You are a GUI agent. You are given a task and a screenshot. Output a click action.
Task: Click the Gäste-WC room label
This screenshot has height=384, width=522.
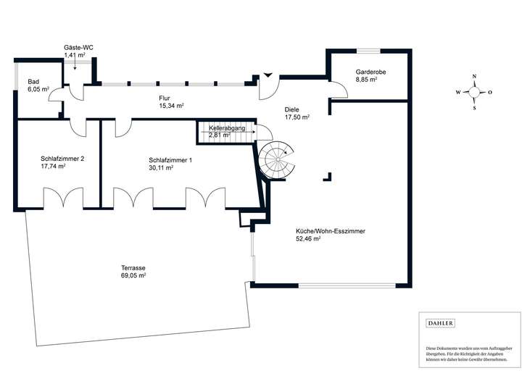78,47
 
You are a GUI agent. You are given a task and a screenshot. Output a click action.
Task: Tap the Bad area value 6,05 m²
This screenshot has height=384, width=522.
38,89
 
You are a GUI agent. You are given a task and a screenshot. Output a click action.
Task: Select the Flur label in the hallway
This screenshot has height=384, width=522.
165,97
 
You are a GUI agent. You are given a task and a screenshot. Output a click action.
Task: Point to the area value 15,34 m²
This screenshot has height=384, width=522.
171,105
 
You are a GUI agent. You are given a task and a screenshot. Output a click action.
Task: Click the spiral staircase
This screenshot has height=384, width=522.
278,158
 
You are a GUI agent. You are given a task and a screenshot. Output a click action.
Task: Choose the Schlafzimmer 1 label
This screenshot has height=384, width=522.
170,159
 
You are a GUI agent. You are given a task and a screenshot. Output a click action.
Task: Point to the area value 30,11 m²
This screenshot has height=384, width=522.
160,167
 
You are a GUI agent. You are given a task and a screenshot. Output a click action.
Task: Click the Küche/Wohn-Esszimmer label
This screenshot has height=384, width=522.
330,230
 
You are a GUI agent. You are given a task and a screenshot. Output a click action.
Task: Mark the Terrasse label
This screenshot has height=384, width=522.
133,268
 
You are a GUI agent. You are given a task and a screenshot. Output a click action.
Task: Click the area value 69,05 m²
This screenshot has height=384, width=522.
133,276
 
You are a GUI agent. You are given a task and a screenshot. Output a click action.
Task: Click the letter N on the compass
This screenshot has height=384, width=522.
473,77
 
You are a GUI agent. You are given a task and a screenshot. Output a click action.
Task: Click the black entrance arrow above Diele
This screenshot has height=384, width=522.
268,73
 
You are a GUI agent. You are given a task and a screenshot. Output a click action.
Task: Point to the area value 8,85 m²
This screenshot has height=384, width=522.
366,80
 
